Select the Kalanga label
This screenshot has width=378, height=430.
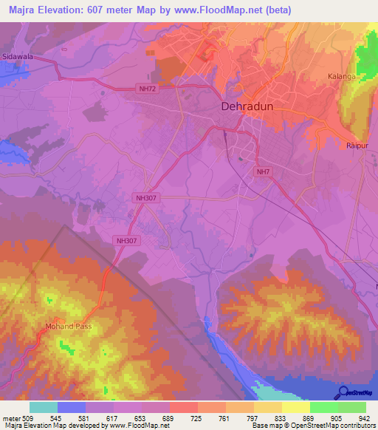click(x=343, y=76)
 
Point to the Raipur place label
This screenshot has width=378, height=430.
click(x=357, y=146)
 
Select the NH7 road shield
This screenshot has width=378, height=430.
click(x=262, y=172)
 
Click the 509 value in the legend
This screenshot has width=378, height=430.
click(x=29, y=417)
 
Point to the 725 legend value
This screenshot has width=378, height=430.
click(x=196, y=417)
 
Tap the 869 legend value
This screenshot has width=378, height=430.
click(x=309, y=417)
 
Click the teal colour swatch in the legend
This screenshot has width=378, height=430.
click(x=43, y=407)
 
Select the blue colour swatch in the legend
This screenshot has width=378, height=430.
click(x=71, y=407)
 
